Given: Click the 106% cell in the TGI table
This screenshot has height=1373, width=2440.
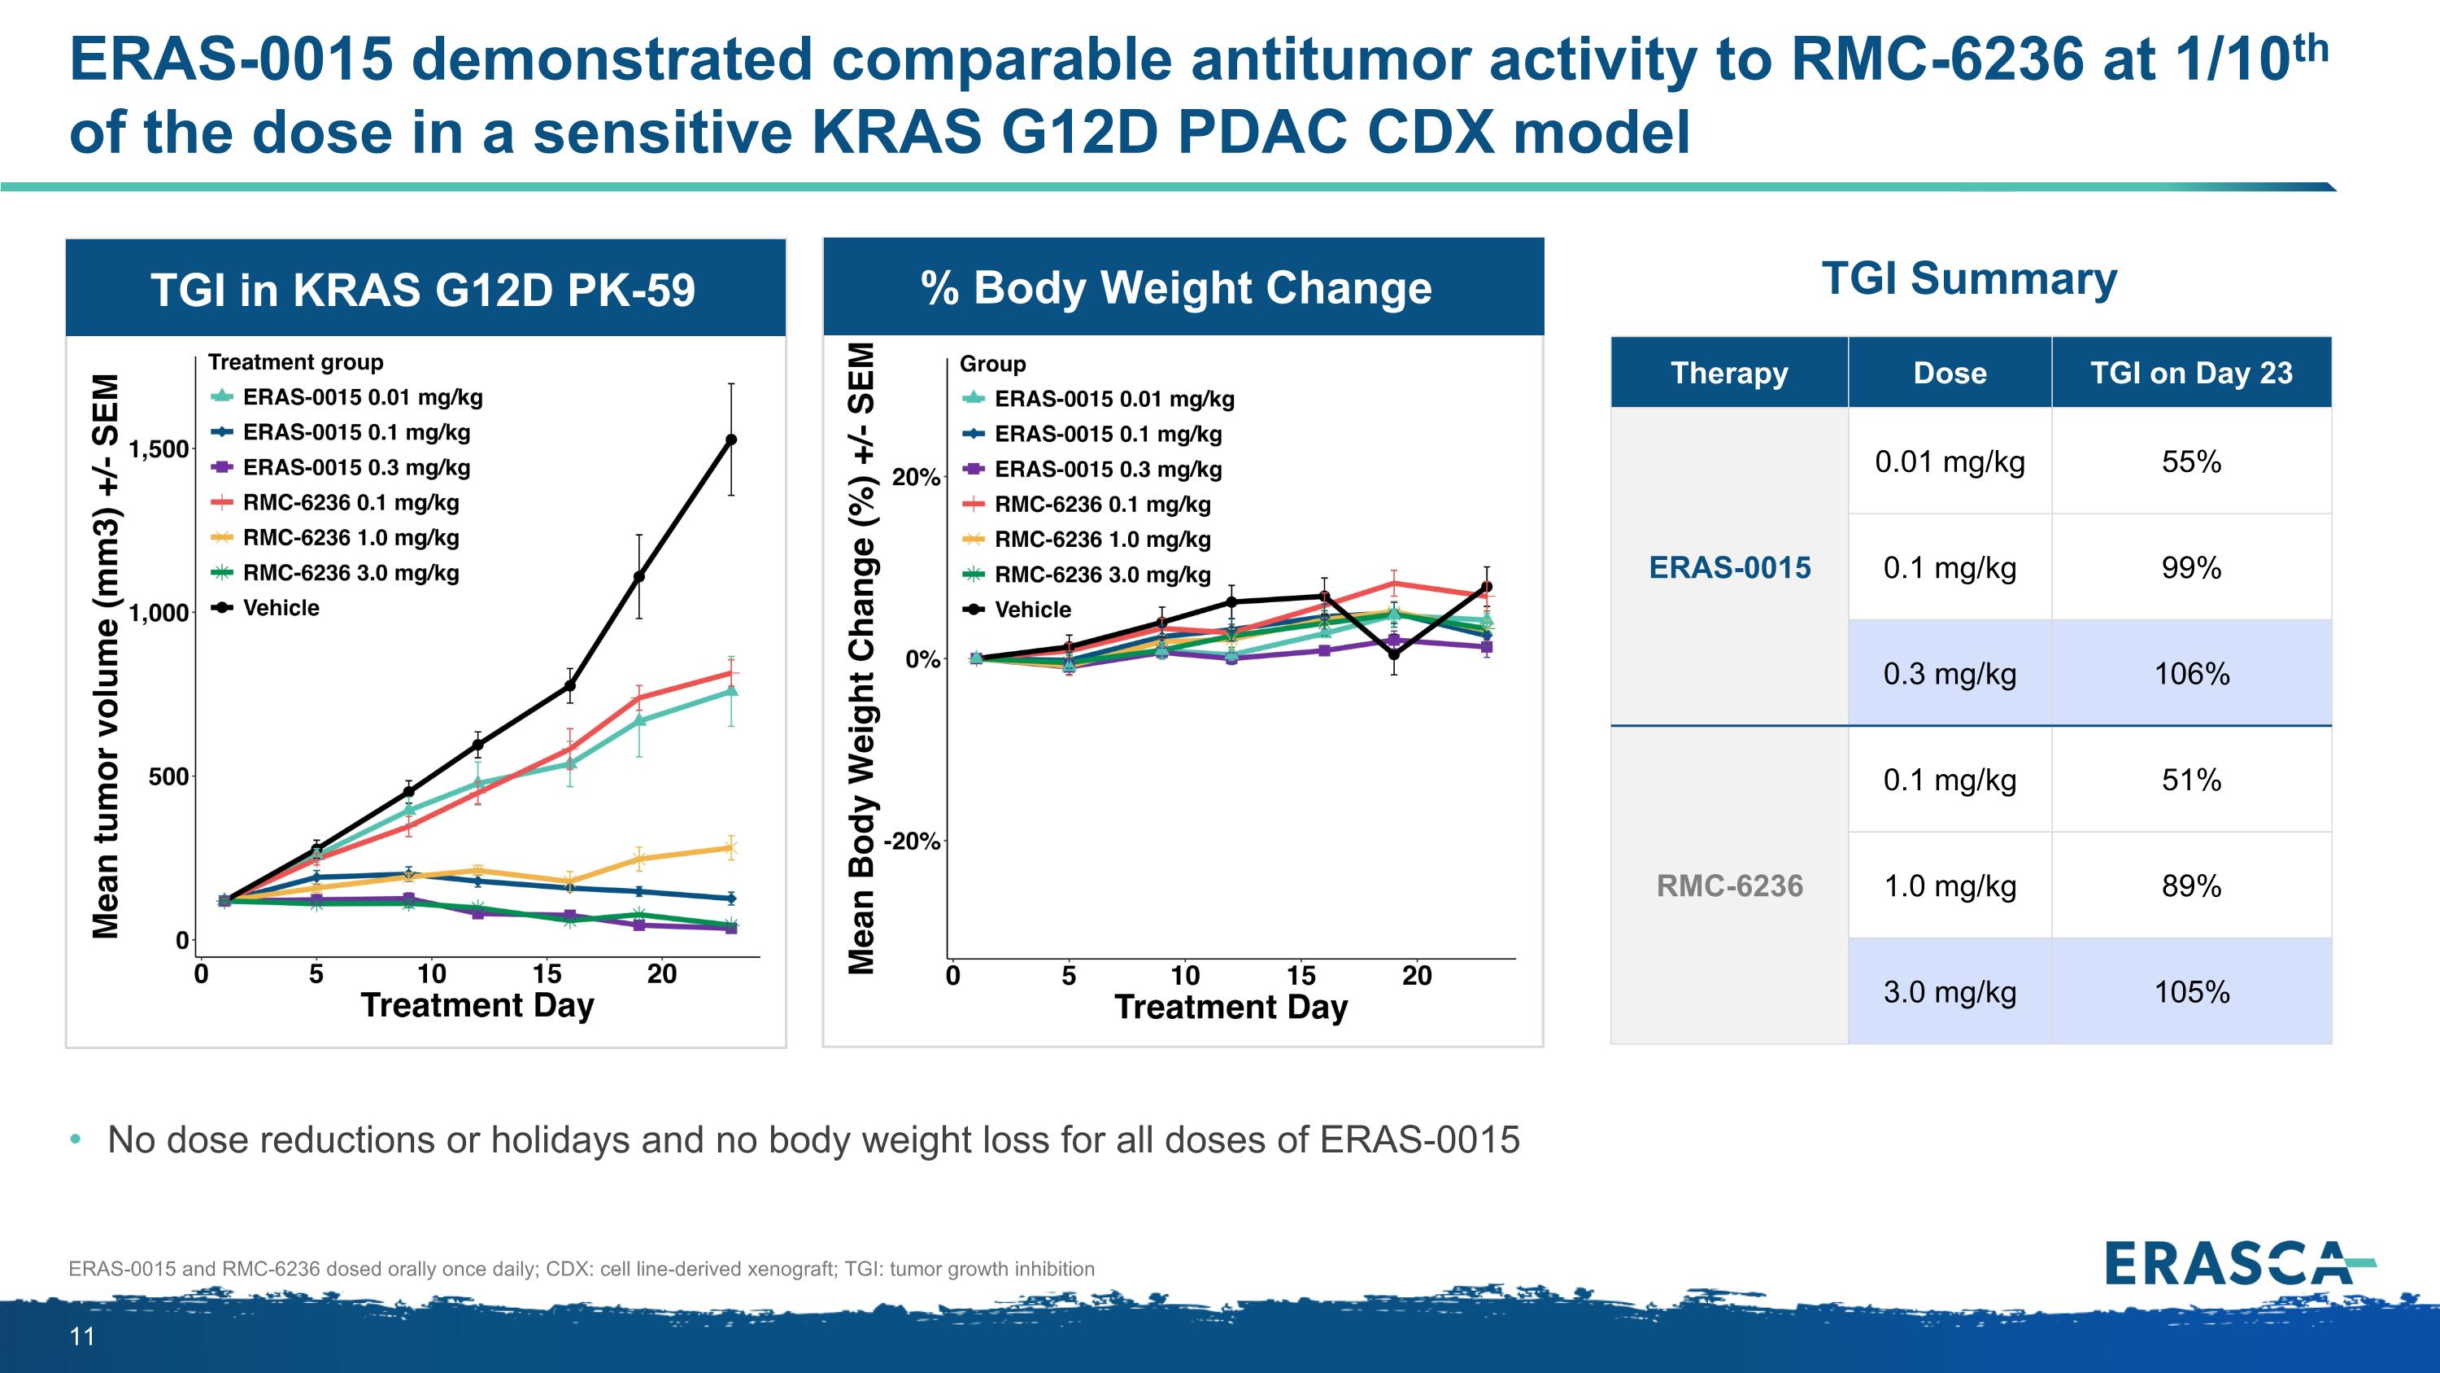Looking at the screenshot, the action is [x=2191, y=674].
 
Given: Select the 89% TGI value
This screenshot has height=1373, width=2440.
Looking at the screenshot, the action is [x=2191, y=886].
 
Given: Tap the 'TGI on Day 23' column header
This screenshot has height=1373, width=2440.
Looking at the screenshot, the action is [x=2191, y=373].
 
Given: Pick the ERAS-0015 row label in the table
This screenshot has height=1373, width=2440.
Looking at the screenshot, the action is [x=1730, y=567].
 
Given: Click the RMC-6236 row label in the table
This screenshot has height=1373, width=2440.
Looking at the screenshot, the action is [x=1730, y=886].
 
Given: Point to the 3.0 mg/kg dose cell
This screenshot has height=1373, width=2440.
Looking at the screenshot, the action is [x=1950, y=992].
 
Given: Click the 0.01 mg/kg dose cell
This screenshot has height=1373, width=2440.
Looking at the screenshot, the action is [x=1950, y=462].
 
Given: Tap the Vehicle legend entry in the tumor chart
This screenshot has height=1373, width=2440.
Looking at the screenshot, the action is [x=265, y=607].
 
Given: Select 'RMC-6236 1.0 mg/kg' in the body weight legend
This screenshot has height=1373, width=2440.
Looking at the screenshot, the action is [x=1087, y=539].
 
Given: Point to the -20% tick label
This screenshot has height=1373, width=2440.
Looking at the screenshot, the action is [x=911, y=842].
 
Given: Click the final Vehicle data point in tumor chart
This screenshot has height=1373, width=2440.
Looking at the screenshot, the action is [x=730, y=439].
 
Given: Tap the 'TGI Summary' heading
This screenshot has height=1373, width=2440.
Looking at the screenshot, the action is [x=1969, y=278].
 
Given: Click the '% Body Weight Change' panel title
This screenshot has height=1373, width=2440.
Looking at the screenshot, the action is [x=1176, y=287].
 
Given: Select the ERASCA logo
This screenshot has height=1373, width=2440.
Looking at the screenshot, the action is [x=2240, y=1263].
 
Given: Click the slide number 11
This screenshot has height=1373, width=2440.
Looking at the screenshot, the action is [x=82, y=1337].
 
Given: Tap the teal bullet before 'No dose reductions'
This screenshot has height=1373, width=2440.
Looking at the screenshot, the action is [x=76, y=1139].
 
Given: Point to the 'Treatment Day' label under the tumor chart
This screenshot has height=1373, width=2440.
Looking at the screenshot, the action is [x=477, y=1004].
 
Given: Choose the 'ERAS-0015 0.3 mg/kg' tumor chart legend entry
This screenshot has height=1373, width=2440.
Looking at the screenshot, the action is [x=340, y=467].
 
